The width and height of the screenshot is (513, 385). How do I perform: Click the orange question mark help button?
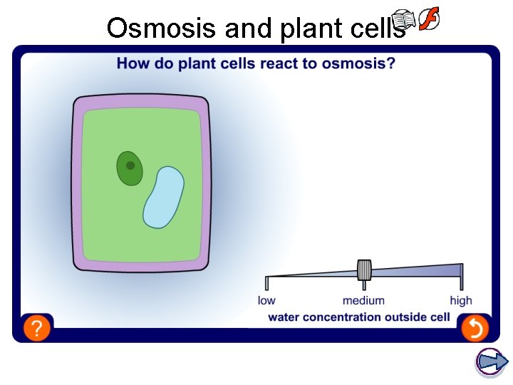click(x=37, y=328)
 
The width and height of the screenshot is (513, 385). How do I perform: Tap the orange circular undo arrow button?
click(x=474, y=328)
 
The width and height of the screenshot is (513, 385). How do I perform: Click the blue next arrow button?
click(x=491, y=361)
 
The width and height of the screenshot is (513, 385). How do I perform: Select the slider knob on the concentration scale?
click(x=364, y=270)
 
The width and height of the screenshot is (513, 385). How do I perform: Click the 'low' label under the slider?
click(x=266, y=301)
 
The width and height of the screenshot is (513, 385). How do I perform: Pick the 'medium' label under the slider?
click(x=363, y=301)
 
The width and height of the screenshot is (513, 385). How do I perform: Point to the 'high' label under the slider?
click(x=461, y=301)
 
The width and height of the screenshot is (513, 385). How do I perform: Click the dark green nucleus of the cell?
click(x=130, y=168)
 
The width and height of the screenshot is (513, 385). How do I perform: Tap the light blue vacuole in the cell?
click(x=163, y=197)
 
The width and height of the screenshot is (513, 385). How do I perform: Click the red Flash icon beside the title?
click(x=427, y=20)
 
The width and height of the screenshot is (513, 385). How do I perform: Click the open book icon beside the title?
click(x=404, y=21)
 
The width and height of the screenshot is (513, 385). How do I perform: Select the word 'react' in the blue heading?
click(x=281, y=63)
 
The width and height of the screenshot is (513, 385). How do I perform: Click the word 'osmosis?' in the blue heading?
click(x=358, y=63)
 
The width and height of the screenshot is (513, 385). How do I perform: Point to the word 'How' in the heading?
click(x=131, y=63)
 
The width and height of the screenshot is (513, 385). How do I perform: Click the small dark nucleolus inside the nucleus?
click(x=130, y=165)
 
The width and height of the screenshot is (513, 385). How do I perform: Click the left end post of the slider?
click(x=267, y=283)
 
